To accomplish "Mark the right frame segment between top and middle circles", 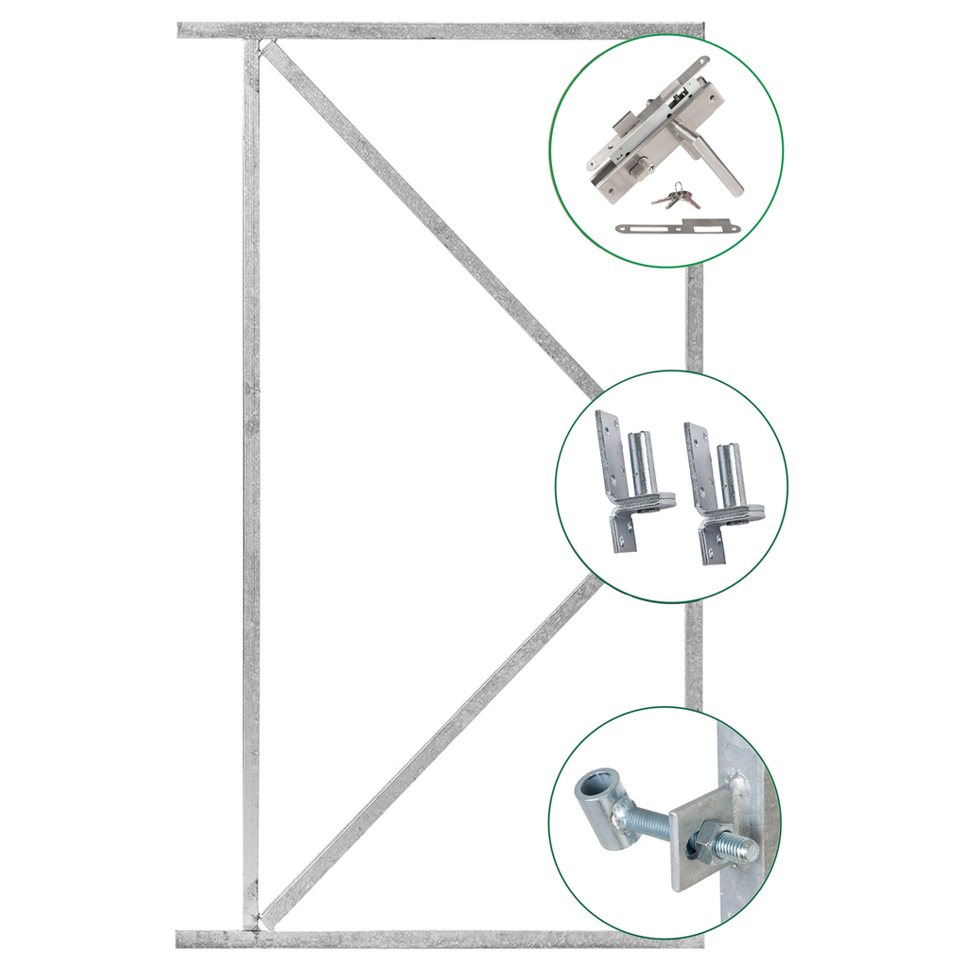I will pyautogui.click(x=695, y=317).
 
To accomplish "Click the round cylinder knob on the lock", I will pyautogui.click(x=647, y=167).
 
